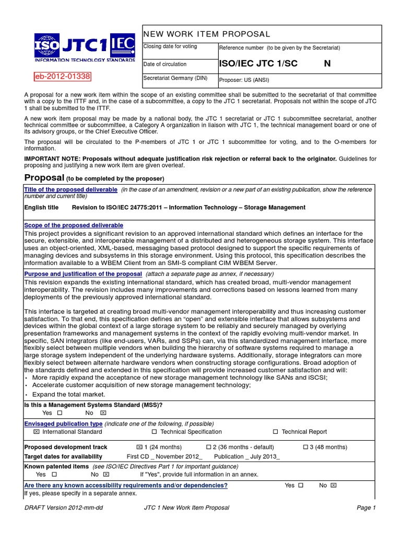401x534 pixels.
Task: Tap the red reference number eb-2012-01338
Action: point(62,77)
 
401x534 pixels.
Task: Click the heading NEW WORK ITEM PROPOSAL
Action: point(207,34)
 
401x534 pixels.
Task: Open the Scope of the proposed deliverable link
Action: point(74,225)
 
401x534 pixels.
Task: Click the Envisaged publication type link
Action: point(63,424)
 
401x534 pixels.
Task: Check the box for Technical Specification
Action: point(154,432)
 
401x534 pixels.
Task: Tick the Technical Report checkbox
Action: point(275,432)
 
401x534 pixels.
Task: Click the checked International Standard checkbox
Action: point(36,432)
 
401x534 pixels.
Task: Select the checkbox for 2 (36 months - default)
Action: point(208,447)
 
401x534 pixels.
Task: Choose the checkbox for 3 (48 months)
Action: point(306,447)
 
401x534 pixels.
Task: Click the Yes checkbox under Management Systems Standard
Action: point(60,413)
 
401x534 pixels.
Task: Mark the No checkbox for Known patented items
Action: point(106,475)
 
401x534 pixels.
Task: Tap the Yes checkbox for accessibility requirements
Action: point(300,486)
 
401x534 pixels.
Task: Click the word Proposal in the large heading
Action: point(44,178)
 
